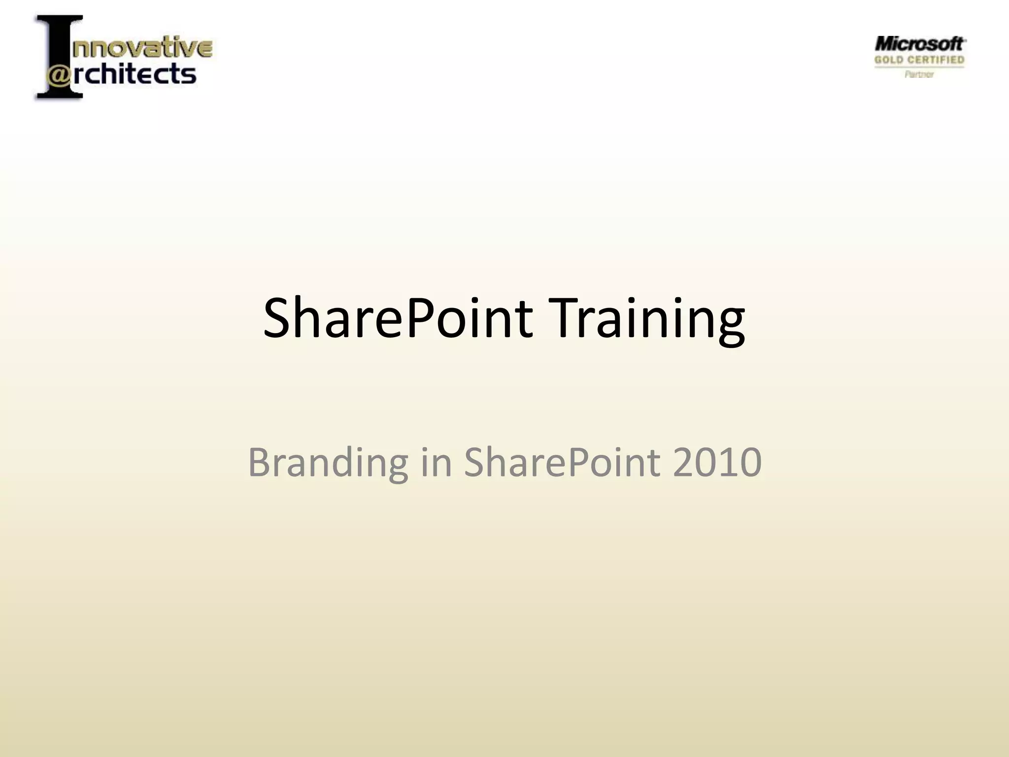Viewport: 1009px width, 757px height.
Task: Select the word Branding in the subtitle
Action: point(328,462)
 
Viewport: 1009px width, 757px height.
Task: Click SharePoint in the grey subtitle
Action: point(562,462)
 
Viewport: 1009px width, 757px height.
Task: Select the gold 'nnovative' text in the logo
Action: point(142,48)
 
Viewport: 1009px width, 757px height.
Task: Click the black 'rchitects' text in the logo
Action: point(135,74)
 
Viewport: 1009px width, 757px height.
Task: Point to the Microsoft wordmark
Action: point(919,44)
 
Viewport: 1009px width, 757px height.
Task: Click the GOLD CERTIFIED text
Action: point(919,60)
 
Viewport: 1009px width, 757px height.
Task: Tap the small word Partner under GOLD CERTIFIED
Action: point(919,74)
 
